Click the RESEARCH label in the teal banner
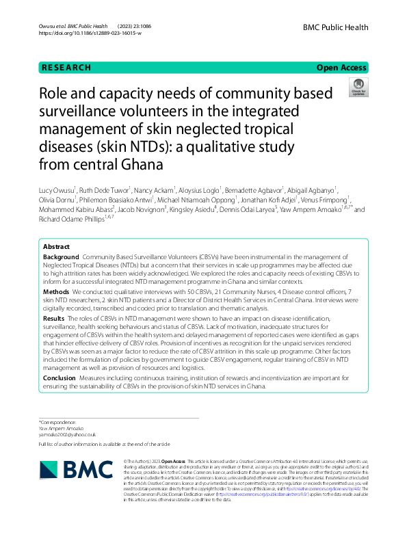click(66, 68)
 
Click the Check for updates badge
click(358, 88)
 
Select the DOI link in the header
click(90, 34)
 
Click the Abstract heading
click(56, 246)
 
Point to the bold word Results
click(54, 319)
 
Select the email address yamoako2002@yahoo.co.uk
click(67, 434)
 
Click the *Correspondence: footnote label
click(60, 422)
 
